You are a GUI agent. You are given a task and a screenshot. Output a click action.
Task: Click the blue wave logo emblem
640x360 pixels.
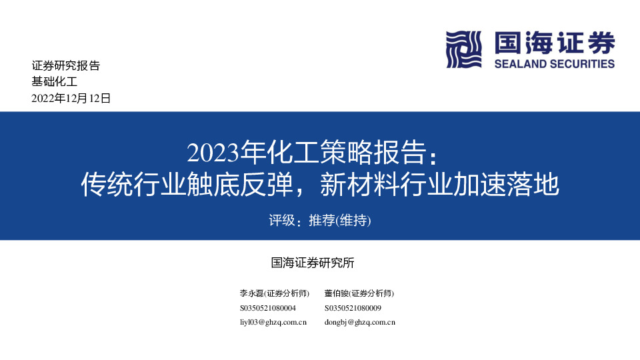coord(464,49)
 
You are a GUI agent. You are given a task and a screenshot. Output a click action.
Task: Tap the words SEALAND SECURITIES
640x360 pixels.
coord(555,64)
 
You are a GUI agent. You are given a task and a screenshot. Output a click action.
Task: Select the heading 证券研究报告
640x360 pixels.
coord(65,66)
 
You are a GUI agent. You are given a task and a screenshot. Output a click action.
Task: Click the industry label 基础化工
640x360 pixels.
coord(55,82)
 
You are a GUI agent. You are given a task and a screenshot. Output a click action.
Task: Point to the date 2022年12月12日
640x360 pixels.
coord(71,99)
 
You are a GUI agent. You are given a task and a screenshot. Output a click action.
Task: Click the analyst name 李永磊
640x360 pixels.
coord(251,293)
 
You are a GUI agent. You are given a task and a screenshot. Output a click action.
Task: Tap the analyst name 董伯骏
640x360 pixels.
coord(336,293)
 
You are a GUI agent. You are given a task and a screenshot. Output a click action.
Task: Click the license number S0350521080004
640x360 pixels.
coord(267,308)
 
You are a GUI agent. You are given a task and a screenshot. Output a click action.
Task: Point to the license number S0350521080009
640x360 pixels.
coord(353,308)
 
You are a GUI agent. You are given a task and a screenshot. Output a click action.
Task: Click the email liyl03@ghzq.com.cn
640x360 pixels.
coord(273,322)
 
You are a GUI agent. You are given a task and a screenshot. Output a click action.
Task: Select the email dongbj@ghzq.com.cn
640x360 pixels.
coord(360,322)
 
